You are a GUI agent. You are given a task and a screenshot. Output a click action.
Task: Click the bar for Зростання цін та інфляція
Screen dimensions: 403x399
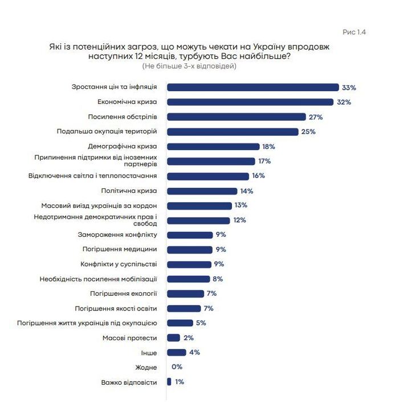point(253,87)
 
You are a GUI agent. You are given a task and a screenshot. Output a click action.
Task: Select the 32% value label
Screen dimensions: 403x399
point(343,102)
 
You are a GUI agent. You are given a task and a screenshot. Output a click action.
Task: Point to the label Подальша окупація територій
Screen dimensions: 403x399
point(107,131)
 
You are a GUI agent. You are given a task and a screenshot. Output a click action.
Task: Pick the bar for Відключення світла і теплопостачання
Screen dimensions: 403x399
point(207,176)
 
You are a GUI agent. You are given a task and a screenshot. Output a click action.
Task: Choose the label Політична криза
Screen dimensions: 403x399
point(129,191)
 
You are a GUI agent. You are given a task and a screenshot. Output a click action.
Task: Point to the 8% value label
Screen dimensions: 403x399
point(217,279)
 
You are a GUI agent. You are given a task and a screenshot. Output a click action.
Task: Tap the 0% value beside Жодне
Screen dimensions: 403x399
point(177,367)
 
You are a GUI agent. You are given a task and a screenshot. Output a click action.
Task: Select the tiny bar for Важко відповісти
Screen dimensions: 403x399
point(169,381)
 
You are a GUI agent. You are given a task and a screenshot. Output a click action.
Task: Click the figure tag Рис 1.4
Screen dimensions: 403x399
point(353,32)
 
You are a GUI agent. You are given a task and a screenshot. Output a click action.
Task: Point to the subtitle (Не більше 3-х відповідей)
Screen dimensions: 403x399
point(189,66)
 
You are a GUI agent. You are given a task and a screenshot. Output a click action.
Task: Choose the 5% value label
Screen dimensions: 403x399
point(200,323)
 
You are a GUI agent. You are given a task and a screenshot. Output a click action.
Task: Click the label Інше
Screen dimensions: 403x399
point(148,352)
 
